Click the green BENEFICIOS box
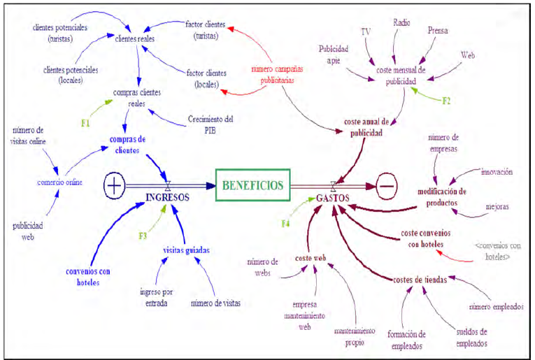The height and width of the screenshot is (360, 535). (x=253, y=185)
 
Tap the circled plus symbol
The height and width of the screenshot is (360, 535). (x=114, y=185)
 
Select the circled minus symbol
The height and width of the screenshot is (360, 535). (x=387, y=186)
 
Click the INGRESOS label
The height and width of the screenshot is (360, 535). (x=167, y=197)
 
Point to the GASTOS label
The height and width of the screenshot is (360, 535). (x=333, y=198)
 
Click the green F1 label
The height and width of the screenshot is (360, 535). (x=85, y=123)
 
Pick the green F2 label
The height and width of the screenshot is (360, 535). (x=446, y=101)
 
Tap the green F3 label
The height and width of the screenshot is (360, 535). (x=143, y=236)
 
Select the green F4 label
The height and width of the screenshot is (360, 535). (x=285, y=224)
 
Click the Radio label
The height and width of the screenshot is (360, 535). (x=401, y=23)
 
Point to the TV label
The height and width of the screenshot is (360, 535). (x=366, y=31)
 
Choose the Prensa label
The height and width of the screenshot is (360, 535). (x=438, y=31)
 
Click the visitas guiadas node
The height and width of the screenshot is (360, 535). (x=186, y=250)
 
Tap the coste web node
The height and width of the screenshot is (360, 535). (x=311, y=258)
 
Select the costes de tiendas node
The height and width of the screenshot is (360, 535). (x=420, y=280)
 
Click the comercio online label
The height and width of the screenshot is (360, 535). (x=59, y=182)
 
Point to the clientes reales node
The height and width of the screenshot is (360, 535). (x=135, y=39)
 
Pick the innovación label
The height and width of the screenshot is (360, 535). (x=497, y=172)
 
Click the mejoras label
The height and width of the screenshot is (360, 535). (x=497, y=207)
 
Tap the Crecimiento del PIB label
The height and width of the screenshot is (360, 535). (x=211, y=124)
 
